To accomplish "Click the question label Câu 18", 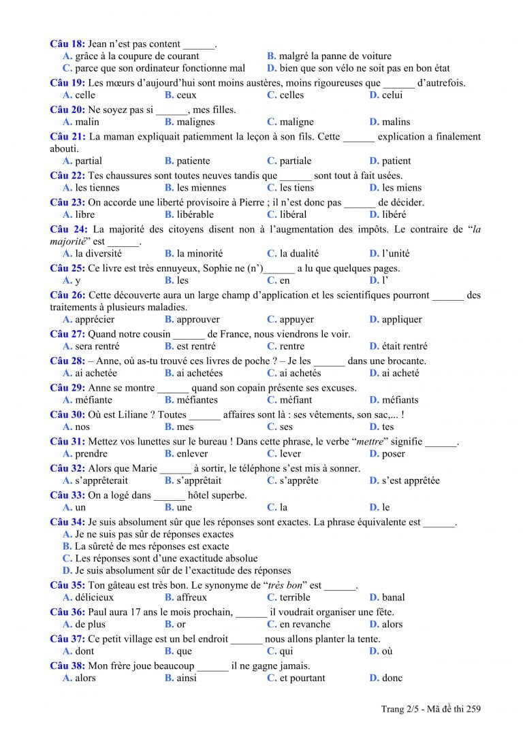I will point(67,44).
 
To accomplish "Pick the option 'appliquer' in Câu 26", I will point(402,320).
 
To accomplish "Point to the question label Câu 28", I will point(67,361).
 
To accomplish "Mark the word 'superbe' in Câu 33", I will point(227,495).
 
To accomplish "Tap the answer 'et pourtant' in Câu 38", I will point(302,678).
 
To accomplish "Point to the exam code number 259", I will point(473,710).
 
